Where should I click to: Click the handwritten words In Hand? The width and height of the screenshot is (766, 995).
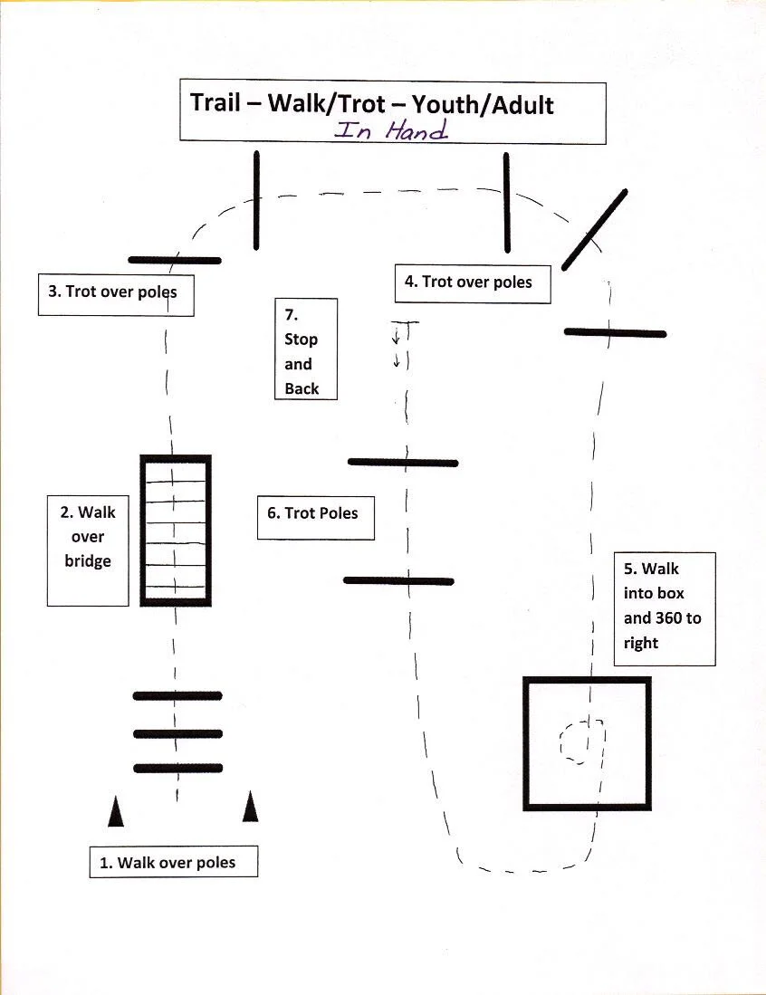tap(391, 130)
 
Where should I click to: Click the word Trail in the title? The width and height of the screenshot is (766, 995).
tap(215, 102)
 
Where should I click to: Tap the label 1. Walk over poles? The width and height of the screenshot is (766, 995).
tap(168, 863)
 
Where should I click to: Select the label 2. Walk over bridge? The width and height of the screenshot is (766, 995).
tap(88, 536)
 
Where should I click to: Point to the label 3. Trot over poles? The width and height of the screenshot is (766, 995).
tap(112, 292)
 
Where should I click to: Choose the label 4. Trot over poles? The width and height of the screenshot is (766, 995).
tap(468, 282)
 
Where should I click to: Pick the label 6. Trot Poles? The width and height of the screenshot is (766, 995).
tap(312, 512)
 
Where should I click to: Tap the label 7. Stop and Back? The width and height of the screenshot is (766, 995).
tap(301, 351)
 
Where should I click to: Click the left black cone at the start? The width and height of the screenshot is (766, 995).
tap(116, 811)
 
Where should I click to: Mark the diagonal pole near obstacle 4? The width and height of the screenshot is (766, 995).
tap(595, 229)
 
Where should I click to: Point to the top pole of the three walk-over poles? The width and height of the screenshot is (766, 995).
tap(177, 696)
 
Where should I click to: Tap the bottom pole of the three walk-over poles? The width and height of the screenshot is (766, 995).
tap(177, 769)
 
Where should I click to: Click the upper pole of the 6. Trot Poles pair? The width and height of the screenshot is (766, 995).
tap(403, 463)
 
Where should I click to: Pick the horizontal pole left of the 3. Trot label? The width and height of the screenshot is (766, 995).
tap(175, 260)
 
